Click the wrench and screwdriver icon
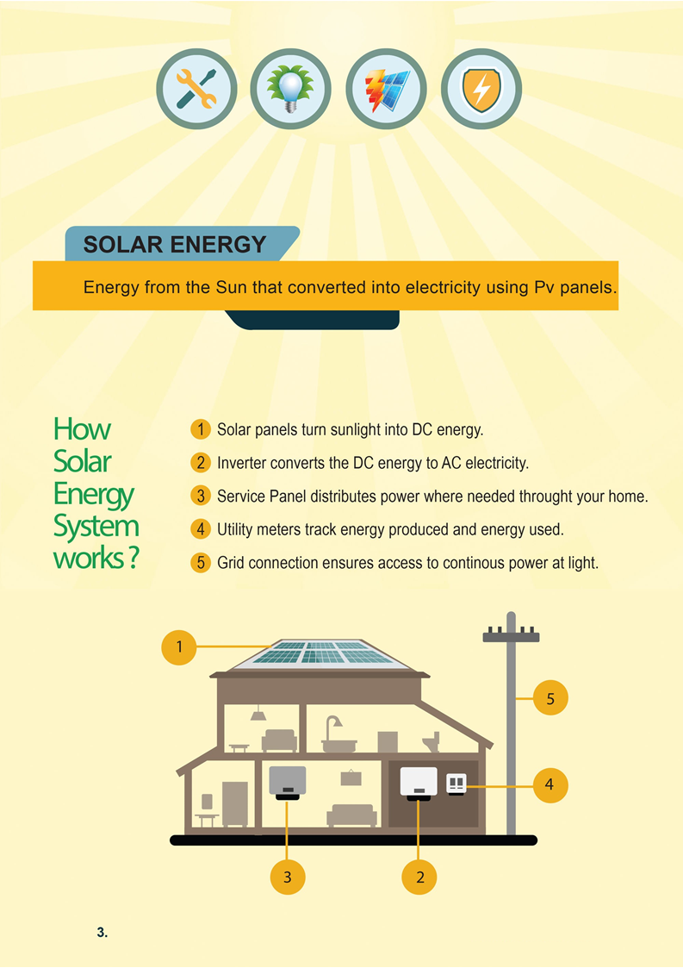pos(197,90)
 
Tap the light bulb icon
pos(292,90)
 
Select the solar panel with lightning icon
pos(387,90)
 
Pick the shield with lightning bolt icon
pos(481,90)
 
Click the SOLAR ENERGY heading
pos(175,245)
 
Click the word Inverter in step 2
pos(241,463)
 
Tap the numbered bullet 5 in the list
pos(200,563)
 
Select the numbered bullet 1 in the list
pos(200,428)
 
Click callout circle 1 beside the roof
pos(179,646)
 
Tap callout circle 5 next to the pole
pos(550,697)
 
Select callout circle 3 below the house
pos(288,877)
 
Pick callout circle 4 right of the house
pos(550,784)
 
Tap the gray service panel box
pos(288,781)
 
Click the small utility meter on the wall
pos(456,784)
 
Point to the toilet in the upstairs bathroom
pos(431,741)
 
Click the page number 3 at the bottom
pos(102,933)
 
